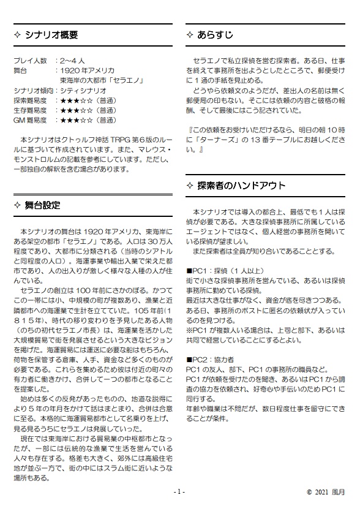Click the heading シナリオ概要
(x=51, y=35)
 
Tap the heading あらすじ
(x=215, y=35)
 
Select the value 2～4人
(x=75, y=61)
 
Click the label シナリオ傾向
(x=34, y=91)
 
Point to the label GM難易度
(x=30, y=120)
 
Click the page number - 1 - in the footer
(x=179, y=492)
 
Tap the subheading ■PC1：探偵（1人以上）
(x=225, y=270)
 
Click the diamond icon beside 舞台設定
(x=17, y=205)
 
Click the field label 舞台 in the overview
(x=21, y=71)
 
